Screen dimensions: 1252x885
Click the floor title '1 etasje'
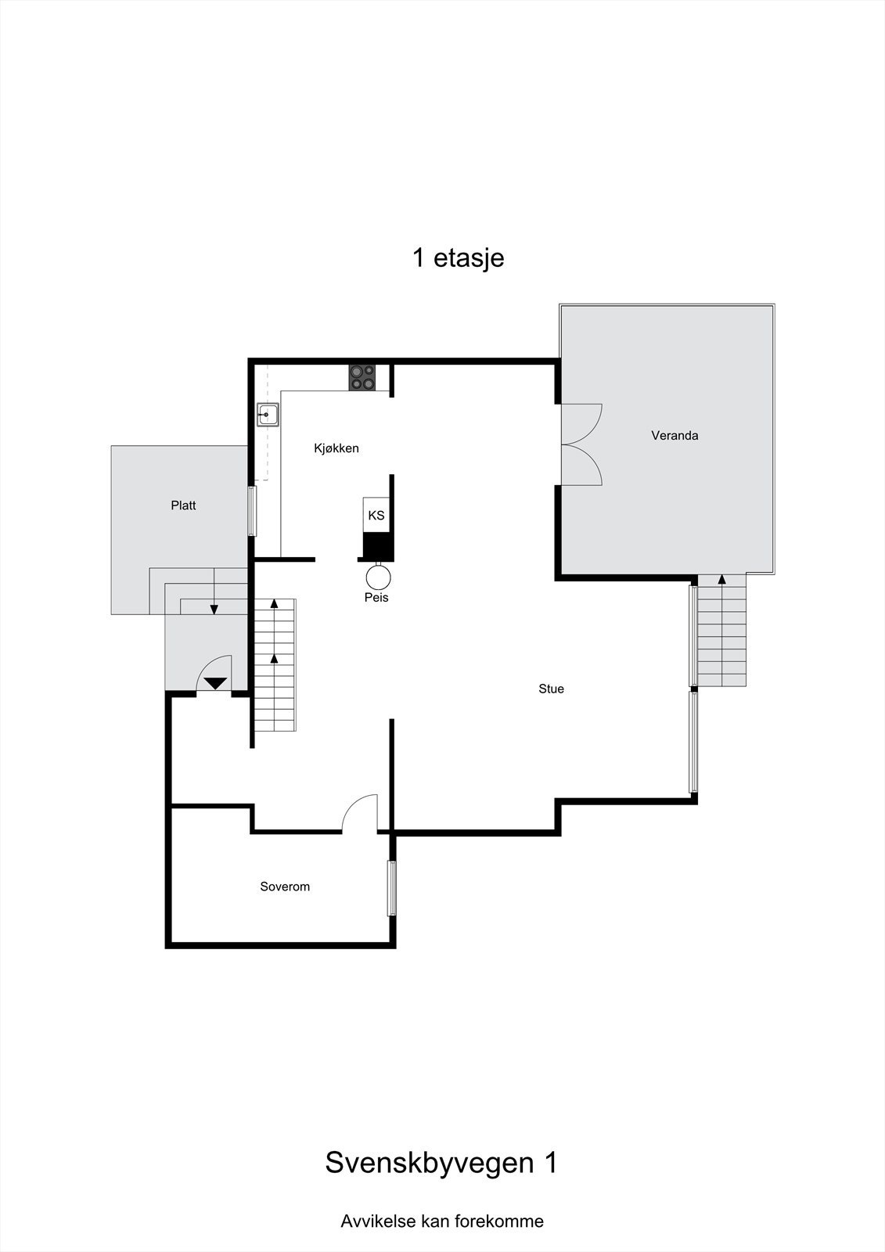click(x=458, y=257)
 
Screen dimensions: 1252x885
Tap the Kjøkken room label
click(x=336, y=448)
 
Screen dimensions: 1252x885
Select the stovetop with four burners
click(x=362, y=378)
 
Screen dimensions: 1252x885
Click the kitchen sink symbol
click(x=268, y=414)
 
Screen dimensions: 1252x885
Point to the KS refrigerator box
click(x=376, y=515)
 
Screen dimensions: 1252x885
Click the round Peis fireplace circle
click(x=378, y=577)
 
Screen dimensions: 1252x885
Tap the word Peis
click(x=376, y=598)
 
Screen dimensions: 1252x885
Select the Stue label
click(x=551, y=689)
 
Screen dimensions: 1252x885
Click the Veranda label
click(x=675, y=435)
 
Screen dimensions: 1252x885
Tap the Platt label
click(x=183, y=505)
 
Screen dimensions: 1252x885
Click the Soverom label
click(x=285, y=887)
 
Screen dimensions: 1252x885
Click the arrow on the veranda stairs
click(x=721, y=581)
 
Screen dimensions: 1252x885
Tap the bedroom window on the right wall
click(x=392, y=888)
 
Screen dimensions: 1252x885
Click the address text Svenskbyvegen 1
click(x=441, y=1163)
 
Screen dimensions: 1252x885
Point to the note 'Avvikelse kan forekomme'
click(x=442, y=1221)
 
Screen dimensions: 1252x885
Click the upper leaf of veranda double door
click(x=581, y=423)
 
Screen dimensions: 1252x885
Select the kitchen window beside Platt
click(x=251, y=511)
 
